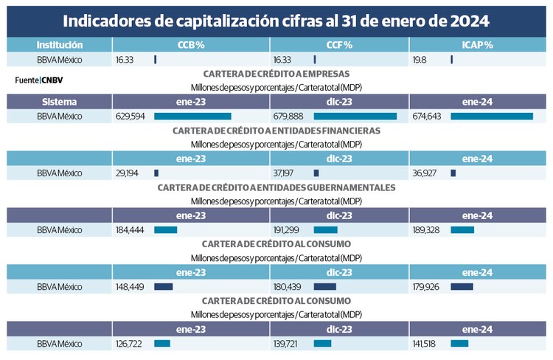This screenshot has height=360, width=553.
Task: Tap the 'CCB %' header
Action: [191, 45]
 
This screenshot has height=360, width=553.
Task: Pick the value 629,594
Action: [131, 117]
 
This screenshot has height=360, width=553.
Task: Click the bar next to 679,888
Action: [355, 117]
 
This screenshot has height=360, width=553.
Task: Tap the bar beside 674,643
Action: [492, 117]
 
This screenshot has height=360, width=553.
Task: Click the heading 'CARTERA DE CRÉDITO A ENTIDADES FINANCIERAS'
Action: [276, 131]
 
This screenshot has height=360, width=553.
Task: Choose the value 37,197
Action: [287, 173]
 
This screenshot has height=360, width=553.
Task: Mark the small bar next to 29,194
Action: [156, 173]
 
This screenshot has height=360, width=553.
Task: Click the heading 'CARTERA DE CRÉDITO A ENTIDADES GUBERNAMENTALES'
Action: [276, 187]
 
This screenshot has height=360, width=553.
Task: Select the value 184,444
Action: [131, 230]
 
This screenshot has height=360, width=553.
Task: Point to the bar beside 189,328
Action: [462, 230]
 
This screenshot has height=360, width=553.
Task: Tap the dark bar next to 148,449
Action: [163, 287]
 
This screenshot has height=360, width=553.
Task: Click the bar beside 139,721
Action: [322, 344]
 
